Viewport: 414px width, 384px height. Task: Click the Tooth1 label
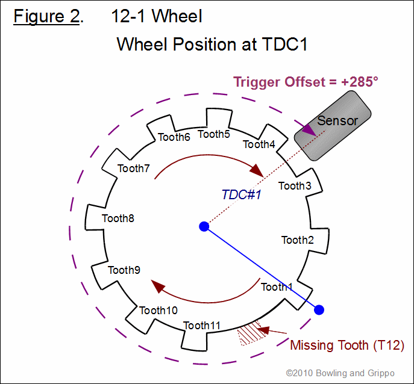tap(277, 287)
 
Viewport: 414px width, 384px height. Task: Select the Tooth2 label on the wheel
tap(298, 240)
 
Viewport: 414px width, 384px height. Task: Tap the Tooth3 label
tap(295, 186)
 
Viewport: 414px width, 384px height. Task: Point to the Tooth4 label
tap(259, 144)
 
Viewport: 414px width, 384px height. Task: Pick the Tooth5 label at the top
tap(214, 134)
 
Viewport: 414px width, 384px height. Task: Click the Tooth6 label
tap(174, 137)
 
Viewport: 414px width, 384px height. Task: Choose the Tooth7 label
tap(134, 169)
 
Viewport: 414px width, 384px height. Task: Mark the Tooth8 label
tap(118, 218)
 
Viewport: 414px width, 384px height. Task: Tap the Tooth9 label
tap(124, 270)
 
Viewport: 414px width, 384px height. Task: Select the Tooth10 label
tap(158, 311)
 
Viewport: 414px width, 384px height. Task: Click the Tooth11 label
tap(202, 326)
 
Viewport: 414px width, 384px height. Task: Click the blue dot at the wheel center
tap(204, 226)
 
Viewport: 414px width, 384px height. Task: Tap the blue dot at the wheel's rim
tap(319, 309)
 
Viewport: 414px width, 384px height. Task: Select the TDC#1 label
tap(241, 194)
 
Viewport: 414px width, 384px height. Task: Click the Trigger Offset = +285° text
tap(306, 82)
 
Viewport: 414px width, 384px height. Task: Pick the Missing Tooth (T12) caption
tap(347, 345)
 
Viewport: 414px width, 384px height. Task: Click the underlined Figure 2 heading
tap(46, 16)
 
